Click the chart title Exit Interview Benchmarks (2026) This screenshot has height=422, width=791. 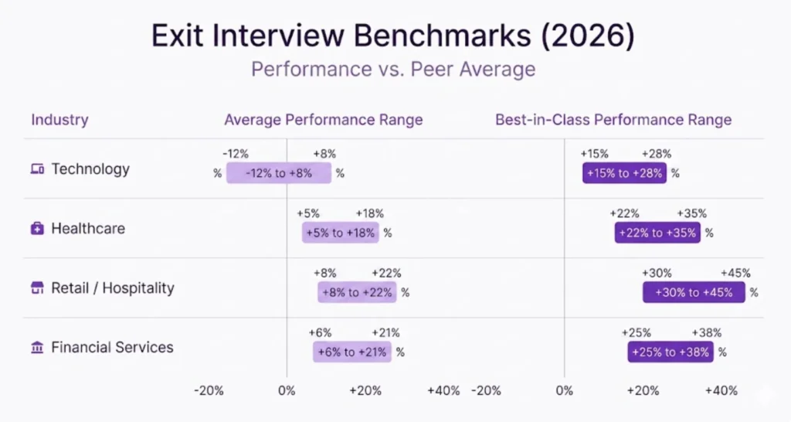coord(393,36)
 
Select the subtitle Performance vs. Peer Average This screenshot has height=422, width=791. coord(393,70)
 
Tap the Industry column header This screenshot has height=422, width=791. coord(59,120)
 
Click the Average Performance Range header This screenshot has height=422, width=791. coord(323,120)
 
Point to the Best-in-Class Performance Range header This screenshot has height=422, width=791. coord(613,120)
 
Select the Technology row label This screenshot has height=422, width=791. coord(90,169)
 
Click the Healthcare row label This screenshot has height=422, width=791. coord(88,229)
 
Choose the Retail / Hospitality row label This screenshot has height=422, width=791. coord(113,288)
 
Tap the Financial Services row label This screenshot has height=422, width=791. coord(112,348)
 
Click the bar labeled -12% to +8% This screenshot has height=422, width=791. coord(279,173)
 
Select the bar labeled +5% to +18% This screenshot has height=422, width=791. coord(341,233)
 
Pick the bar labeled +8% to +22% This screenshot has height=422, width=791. coord(357,292)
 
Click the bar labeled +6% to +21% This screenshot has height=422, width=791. coord(352,352)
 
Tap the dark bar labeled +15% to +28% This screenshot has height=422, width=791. coord(625,173)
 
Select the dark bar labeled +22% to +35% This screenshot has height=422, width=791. coord(657,233)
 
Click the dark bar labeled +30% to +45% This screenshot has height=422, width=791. coord(694,292)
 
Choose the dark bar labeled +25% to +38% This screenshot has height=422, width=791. coord(670,352)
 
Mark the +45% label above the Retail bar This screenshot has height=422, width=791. coord(735,274)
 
